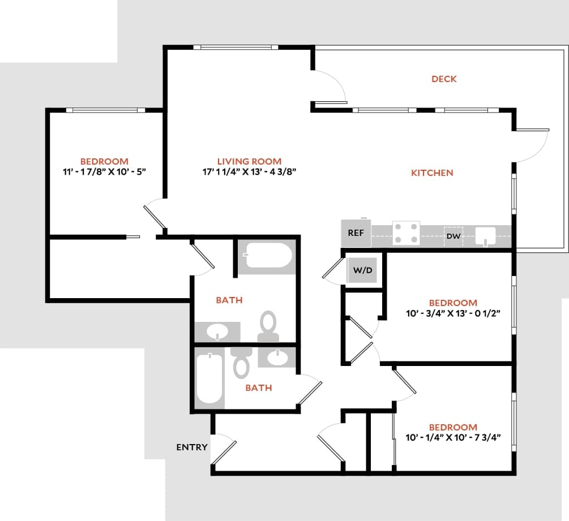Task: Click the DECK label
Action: [444, 79]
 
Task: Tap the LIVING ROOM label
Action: [249, 161]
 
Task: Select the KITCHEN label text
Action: [432, 173]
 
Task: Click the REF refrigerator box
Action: [356, 232]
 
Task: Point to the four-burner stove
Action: [406, 232]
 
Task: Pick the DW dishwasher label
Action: [454, 236]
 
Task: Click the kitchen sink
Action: [486, 235]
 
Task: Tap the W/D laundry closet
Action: [363, 270]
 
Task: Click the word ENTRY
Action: [192, 447]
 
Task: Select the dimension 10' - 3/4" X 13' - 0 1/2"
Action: [453, 313]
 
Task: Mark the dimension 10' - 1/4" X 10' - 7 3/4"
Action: [453, 438]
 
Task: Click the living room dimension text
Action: [249, 172]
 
